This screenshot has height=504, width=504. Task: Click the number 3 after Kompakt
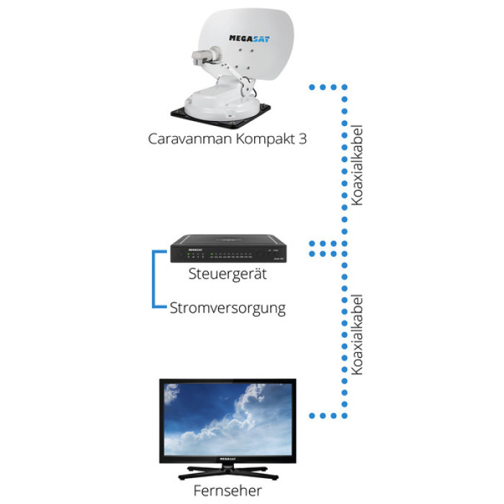pos(302,138)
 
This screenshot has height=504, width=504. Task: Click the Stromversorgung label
pos(228,309)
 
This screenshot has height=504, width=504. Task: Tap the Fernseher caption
pos(228,491)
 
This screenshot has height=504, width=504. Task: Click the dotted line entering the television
pos(324,416)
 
